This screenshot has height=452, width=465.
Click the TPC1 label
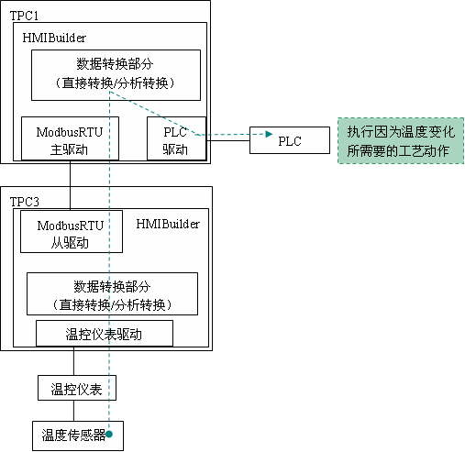(24, 16)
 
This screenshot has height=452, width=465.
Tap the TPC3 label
(25, 202)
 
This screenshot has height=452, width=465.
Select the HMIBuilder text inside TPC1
(54, 38)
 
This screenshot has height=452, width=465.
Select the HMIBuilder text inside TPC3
(168, 224)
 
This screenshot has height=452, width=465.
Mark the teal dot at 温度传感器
(109, 434)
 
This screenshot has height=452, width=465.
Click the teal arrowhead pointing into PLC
(269, 134)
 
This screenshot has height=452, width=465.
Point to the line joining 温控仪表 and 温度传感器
(73, 411)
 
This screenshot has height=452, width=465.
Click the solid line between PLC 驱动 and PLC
(228, 140)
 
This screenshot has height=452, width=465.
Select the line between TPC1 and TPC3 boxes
(70, 185)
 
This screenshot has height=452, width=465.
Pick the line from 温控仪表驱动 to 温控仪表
(73, 361)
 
